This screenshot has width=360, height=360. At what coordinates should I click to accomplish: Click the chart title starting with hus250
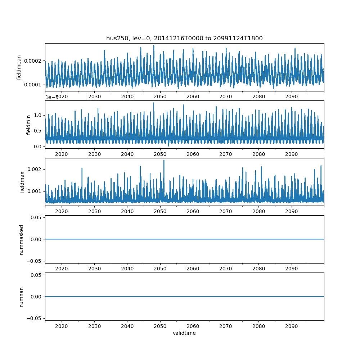184,38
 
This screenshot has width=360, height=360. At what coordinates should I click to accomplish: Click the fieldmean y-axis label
19,67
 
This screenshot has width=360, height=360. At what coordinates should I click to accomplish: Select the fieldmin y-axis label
29,125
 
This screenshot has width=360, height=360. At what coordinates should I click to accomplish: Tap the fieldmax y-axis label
22,182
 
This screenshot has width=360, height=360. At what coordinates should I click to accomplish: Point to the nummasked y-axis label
21,239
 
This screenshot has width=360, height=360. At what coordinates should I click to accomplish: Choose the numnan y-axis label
21,297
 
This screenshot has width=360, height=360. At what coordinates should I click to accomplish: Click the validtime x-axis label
184,333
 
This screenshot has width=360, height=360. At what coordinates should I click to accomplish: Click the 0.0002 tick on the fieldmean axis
34,61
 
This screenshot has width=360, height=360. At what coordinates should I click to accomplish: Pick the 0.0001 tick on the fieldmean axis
34,85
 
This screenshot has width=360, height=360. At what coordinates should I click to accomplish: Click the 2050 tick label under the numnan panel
160,326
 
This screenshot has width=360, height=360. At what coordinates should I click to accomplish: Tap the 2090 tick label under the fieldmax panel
291,212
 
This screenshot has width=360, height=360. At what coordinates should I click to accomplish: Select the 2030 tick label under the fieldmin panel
94,154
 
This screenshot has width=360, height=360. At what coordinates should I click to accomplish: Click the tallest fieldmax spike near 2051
164,160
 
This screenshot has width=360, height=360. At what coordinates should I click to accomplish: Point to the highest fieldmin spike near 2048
154,103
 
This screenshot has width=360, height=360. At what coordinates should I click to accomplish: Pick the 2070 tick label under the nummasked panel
226,269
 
